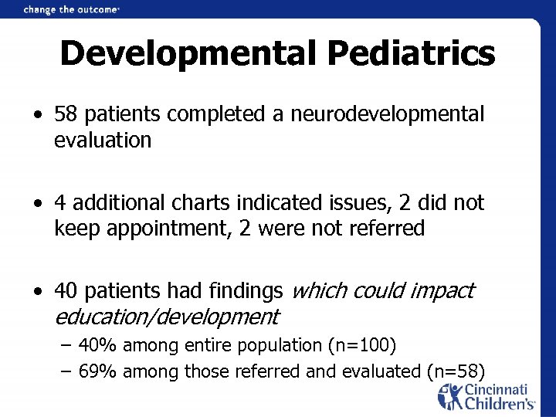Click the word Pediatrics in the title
click(x=412, y=54)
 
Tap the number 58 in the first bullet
click(x=67, y=114)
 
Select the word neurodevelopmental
click(x=388, y=114)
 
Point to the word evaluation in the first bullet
click(x=103, y=140)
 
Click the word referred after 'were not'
click(x=383, y=229)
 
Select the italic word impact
click(x=442, y=291)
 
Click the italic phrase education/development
click(x=166, y=317)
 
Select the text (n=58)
click(x=455, y=371)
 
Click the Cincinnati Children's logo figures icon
click(x=449, y=397)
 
